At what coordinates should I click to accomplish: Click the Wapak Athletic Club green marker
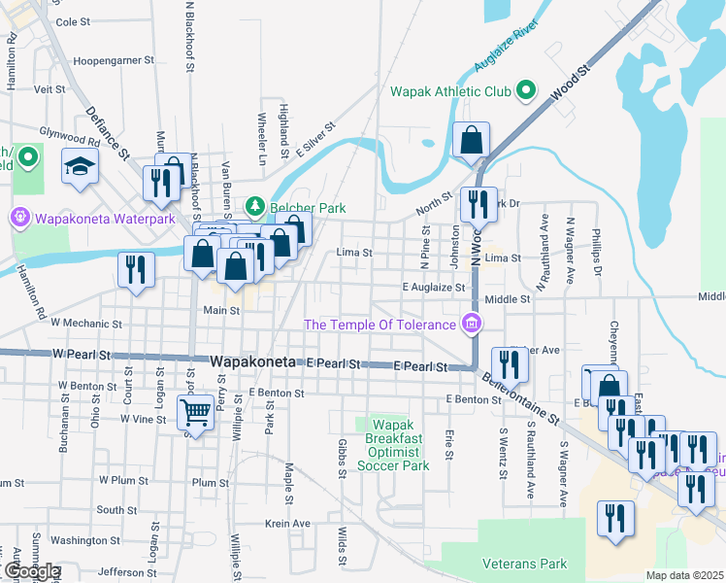(526, 92)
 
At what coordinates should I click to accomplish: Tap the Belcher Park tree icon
(254, 206)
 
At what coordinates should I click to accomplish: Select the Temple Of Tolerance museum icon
(472, 324)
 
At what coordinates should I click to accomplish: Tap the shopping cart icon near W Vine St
(196, 413)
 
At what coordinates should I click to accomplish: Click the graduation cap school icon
(80, 168)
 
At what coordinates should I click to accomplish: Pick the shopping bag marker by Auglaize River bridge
(471, 141)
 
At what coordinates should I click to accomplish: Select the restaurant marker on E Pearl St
(507, 364)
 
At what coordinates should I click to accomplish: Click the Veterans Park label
(525, 563)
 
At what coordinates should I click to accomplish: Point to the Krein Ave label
(287, 523)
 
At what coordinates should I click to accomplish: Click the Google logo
(31, 571)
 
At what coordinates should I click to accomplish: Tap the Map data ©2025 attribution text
(684, 575)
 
